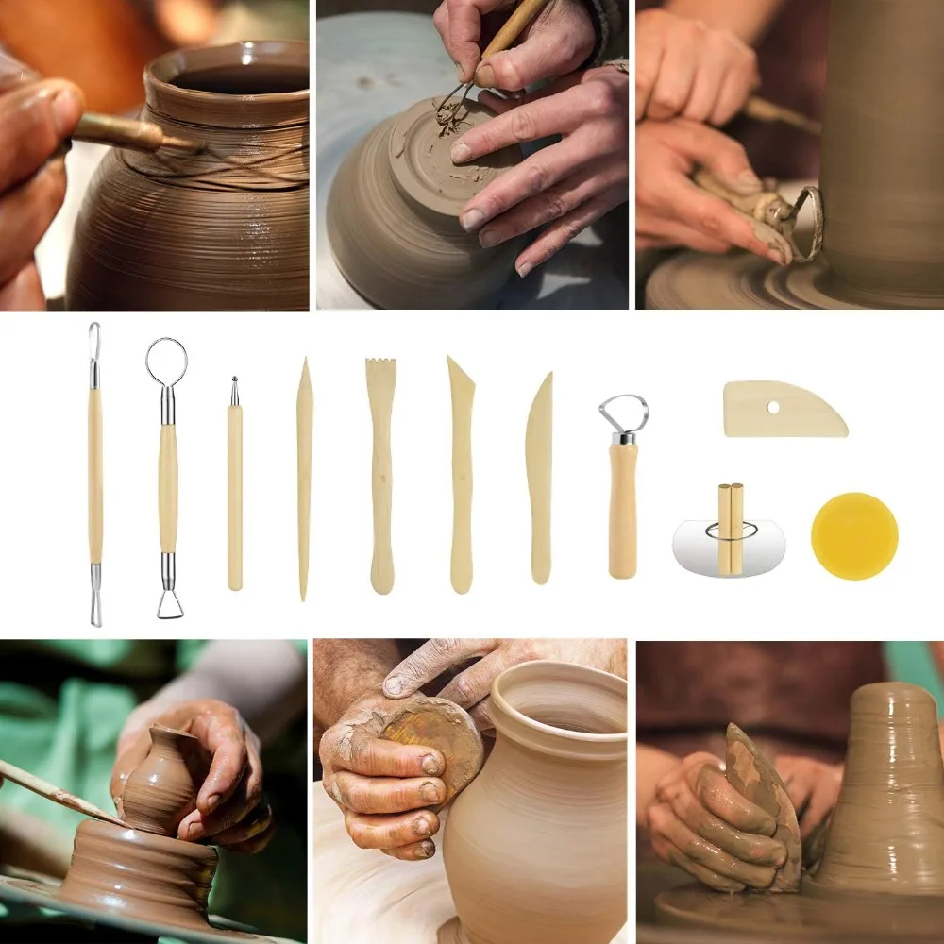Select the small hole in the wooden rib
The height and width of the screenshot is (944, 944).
pos(774,408)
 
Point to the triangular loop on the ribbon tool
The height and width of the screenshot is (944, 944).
pos(170,602)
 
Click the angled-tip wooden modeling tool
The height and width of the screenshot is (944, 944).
pos(461,472)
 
